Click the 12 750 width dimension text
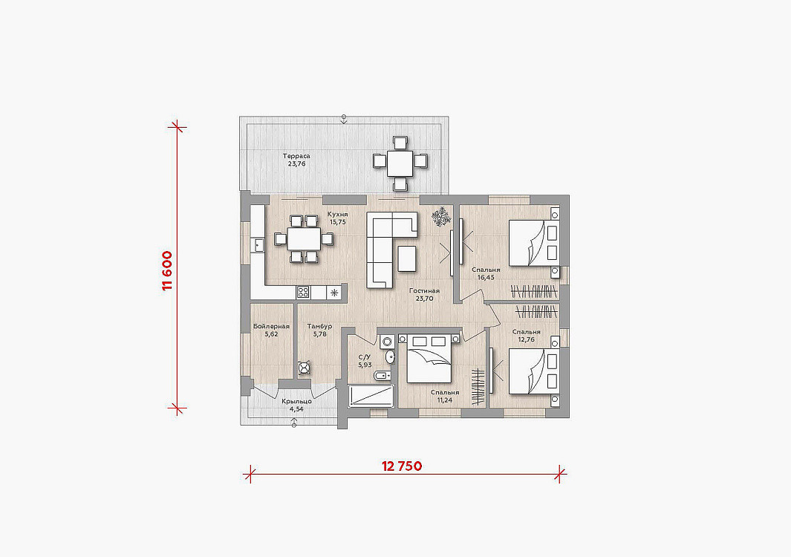[402, 466]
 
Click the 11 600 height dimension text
[167, 270]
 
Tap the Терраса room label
[296, 156]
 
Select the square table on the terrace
[400, 163]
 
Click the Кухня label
[337, 214]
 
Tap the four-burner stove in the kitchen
[303, 292]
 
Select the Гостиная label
[424, 290]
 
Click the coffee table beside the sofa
[407, 258]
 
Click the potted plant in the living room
[441, 216]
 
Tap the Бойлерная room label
[271, 327]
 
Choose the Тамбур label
[320, 327]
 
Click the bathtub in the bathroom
[371, 396]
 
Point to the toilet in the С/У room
[382, 376]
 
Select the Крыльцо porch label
[296, 402]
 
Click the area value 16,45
[485, 278]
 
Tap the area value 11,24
[445, 400]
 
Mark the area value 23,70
[424, 299]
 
